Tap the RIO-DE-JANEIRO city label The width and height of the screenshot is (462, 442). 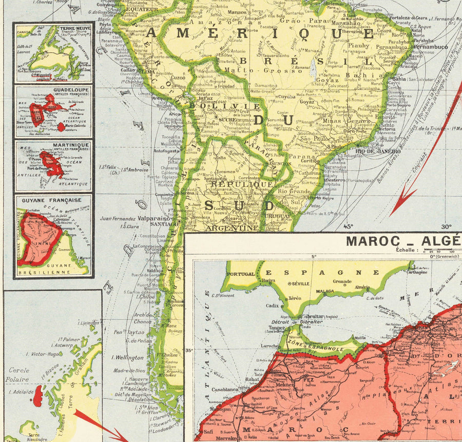(377, 151)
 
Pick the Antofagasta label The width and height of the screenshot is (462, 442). (165, 150)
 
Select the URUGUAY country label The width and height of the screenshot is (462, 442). (280, 216)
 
